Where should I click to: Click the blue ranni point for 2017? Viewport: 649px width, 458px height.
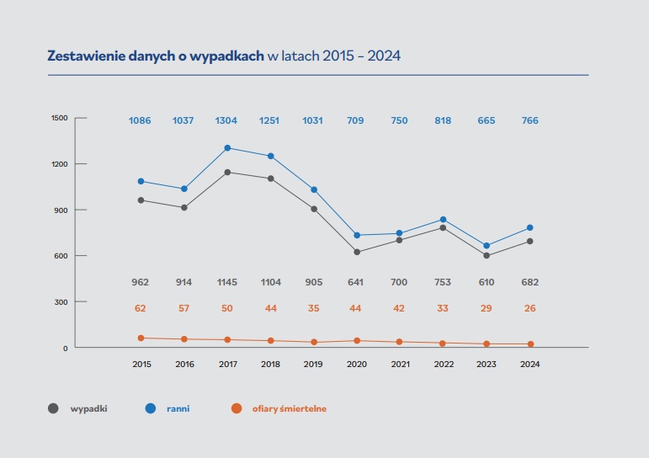pyautogui.click(x=227, y=148)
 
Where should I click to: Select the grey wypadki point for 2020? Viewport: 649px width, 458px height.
pyautogui.click(x=357, y=252)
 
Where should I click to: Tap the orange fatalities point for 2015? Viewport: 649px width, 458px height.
pyautogui.click(x=141, y=338)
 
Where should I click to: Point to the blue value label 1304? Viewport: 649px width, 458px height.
pyautogui.click(x=227, y=120)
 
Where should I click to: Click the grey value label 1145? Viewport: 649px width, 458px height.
pyautogui.click(x=227, y=282)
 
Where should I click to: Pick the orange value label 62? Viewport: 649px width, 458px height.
pyautogui.click(x=141, y=308)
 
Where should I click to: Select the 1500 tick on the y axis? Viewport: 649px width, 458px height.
pyautogui.click(x=58, y=118)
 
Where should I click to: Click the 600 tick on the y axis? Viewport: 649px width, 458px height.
pyautogui.click(x=61, y=256)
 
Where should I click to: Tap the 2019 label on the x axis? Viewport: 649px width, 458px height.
pyautogui.click(x=314, y=365)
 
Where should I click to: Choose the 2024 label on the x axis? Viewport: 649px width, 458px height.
pyautogui.click(x=529, y=365)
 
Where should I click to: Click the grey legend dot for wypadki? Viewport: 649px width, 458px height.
pyautogui.click(x=53, y=409)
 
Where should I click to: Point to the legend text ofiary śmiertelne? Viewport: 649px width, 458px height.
pyautogui.click(x=290, y=409)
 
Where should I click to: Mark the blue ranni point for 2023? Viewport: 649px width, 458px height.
pyautogui.click(x=487, y=246)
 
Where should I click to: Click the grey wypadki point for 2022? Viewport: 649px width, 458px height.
pyautogui.click(x=444, y=227)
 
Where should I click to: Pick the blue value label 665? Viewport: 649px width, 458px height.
pyautogui.click(x=487, y=120)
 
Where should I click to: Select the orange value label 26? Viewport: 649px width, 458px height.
pyautogui.click(x=529, y=308)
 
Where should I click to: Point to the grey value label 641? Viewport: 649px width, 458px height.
pyautogui.click(x=357, y=282)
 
